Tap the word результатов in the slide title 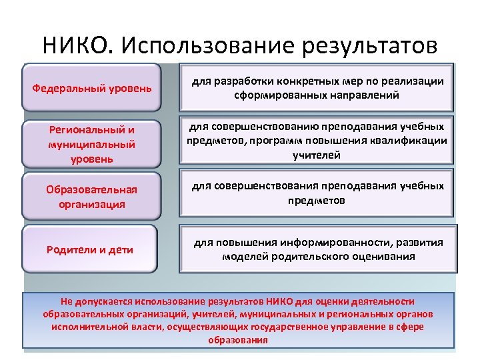point(370,45)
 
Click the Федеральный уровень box point(92,88)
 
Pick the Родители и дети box point(90,250)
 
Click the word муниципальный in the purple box point(91,145)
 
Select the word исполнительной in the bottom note point(85,327)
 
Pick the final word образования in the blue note point(237,339)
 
